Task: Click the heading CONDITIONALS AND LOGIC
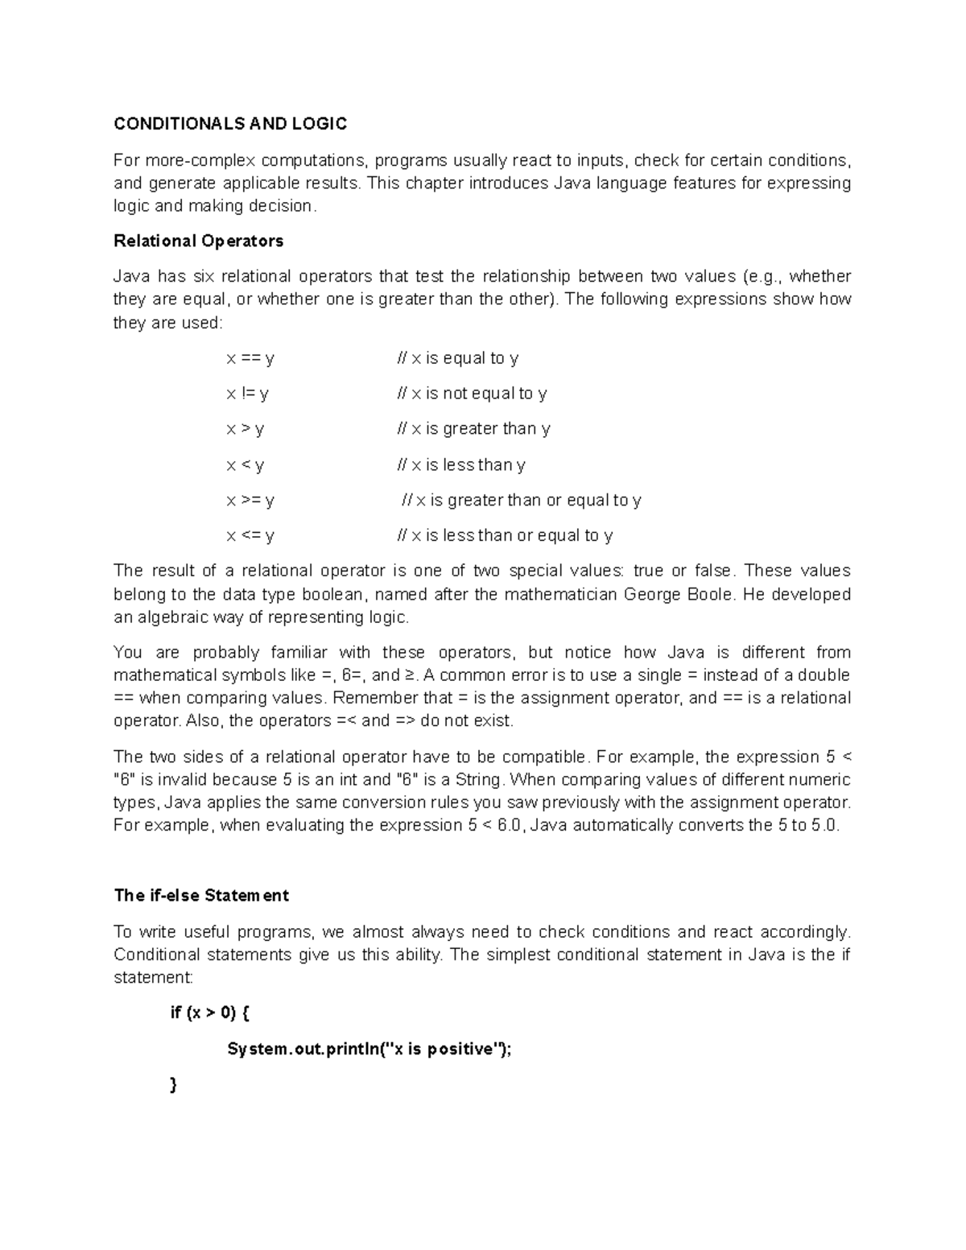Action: (230, 123)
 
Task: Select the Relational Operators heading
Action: (198, 241)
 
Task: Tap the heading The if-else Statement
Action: (201, 895)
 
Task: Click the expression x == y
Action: (250, 358)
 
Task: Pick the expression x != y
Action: (247, 394)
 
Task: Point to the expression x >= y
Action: (250, 500)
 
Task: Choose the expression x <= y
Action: (250, 535)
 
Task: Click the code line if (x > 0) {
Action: (210, 1013)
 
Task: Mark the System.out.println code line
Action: (369, 1049)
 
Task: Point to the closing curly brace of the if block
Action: (173, 1085)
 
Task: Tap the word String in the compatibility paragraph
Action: (479, 780)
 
